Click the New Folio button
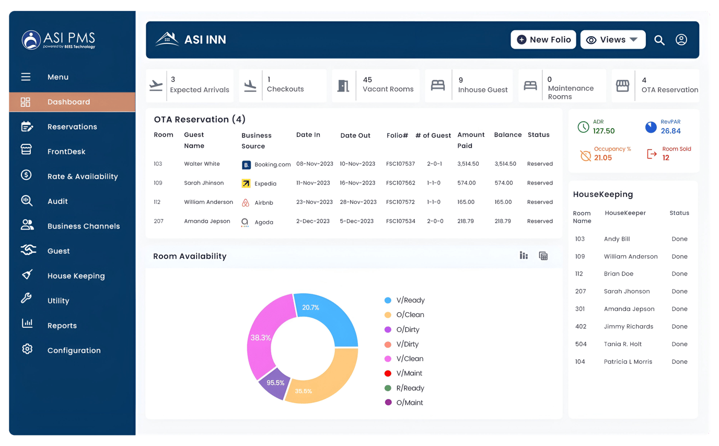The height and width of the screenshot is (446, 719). point(543,40)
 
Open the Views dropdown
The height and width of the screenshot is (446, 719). point(612,40)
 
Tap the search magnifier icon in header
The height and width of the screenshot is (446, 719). point(659,40)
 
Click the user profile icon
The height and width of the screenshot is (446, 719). point(681,40)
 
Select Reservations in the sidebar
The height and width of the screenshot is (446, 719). point(72,127)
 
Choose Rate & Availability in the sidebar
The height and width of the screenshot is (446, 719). point(82,176)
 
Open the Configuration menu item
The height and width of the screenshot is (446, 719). point(74,350)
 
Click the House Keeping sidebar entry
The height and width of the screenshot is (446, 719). point(76,276)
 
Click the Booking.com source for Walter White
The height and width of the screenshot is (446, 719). point(272,164)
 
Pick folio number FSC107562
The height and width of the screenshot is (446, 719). point(400,183)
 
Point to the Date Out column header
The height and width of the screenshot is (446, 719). point(355,135)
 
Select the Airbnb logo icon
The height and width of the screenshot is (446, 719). point(246,202)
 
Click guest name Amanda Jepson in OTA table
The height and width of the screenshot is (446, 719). point(207,221)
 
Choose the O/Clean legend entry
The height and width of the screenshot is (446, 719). point(410,315)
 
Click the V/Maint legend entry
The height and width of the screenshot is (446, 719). point(409,373)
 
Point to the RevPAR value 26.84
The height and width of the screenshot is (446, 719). point(670,131)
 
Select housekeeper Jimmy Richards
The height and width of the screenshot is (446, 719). point(628,326)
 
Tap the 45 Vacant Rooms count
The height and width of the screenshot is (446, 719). point(367,80)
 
